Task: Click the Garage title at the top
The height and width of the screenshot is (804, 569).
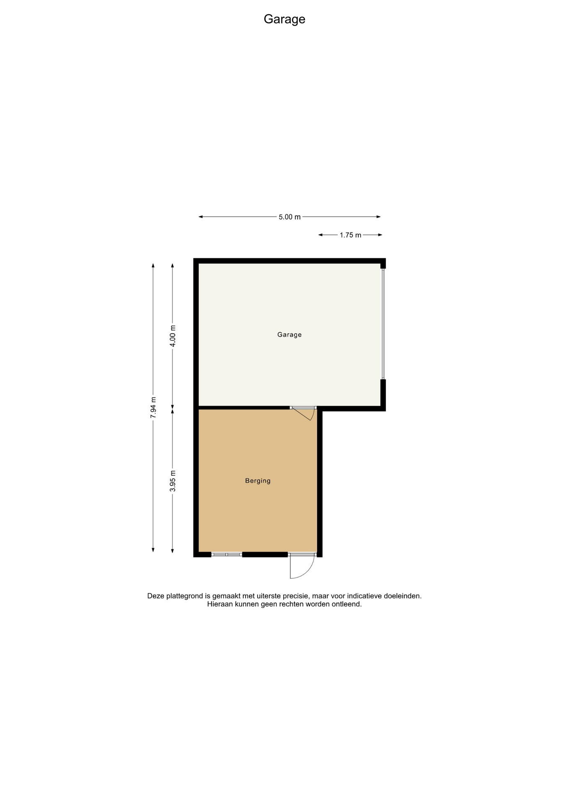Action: point(284,19)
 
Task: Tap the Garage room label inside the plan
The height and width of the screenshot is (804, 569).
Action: point(290,335)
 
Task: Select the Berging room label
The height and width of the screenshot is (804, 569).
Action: point(258,481)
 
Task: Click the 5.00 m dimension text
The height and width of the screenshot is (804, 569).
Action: point(290,217)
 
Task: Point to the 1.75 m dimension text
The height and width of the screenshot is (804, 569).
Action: point(350,235)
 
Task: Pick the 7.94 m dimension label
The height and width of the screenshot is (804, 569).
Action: point(153,407)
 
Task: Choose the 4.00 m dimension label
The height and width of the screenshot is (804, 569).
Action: point(173,336)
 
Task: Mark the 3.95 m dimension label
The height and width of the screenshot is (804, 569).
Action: point(173,481)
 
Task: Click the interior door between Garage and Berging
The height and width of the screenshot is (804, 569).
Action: point(303,412)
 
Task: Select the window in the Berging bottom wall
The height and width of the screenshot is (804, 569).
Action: point(227,554)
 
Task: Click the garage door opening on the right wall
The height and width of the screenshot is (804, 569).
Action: point(383,324)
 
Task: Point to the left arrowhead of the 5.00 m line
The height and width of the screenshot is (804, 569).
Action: point(201,217)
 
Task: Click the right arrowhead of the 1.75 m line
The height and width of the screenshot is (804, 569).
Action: point(380,235)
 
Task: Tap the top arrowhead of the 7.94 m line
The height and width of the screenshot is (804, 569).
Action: point(153,265)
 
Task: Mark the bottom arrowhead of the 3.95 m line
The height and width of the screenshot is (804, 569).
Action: point(173,550)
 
